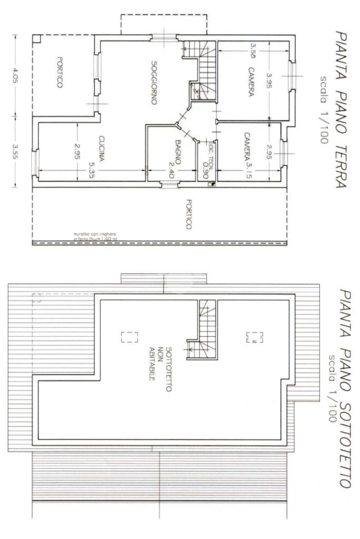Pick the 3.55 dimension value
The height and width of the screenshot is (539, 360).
coord(15,151)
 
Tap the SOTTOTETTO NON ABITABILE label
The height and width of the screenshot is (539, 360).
coord(160,364)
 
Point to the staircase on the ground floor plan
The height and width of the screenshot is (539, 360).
coord(205,68)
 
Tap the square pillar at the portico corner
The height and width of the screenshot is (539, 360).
coord(36,39)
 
